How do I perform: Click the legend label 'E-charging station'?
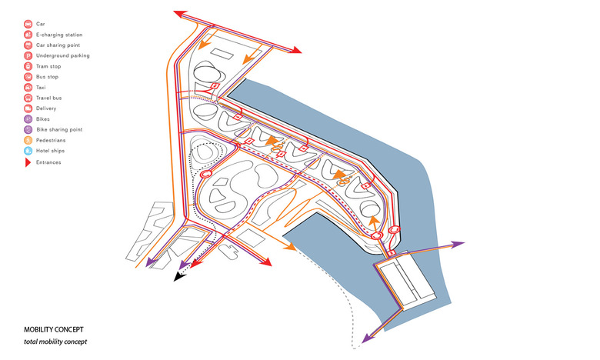[x=58, y=35]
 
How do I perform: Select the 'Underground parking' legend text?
[x=62, y=56]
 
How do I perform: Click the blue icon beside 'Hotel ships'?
[x=28, y=151]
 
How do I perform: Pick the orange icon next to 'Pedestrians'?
[x=28, y=141]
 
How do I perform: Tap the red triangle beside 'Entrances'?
[x=28, y=162]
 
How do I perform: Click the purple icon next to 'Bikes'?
[x=28, y=119]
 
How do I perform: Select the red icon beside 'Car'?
[x=28, y=24]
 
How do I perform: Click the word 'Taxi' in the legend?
[x=42, y=88]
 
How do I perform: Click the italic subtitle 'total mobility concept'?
[x=55, y=342]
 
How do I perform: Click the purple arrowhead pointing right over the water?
[x=458, y=244]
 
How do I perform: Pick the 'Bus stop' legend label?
[x=48, y=77]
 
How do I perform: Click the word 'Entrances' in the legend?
[x=48, y=162]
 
